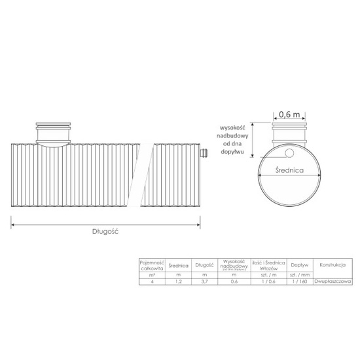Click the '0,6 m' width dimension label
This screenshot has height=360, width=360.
coord(290,113)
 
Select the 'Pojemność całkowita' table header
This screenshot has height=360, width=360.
coord(152,265)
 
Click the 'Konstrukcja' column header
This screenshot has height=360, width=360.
coord(333,265)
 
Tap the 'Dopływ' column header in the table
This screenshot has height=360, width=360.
coord(300,265)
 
